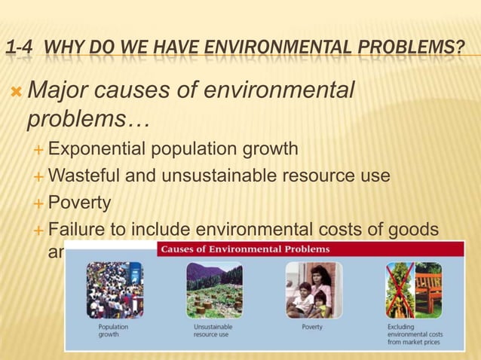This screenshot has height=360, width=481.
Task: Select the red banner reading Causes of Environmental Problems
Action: [244, 249]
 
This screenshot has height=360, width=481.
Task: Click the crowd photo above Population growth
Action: [115, 290]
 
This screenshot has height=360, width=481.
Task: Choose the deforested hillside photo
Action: [214, 290]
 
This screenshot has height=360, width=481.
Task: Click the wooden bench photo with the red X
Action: [414, 290]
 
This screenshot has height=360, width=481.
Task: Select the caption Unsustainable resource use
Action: [214, 331]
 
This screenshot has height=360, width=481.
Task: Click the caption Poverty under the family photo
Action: [312, 328]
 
